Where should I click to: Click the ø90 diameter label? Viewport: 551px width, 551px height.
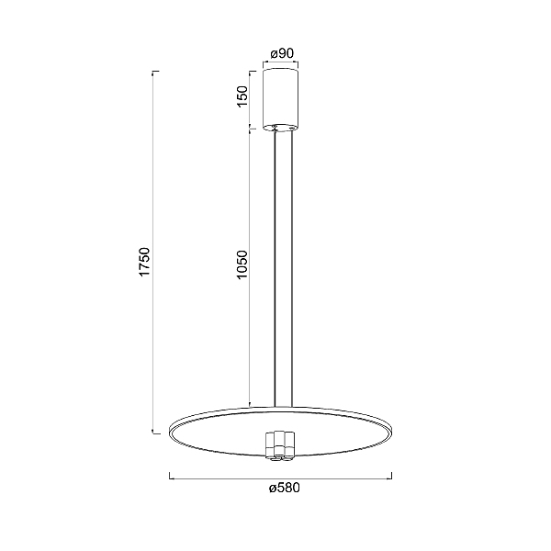[282, 53]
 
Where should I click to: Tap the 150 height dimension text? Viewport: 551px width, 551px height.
[242, 96]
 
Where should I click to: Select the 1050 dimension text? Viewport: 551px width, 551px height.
[242, 264]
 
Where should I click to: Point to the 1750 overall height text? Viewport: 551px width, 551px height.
[144, 262]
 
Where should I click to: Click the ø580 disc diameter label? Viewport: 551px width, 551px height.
[285, 489]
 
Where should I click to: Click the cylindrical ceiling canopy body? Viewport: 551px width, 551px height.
[281, 100]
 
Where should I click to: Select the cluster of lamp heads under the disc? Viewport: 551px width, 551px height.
[280, 445]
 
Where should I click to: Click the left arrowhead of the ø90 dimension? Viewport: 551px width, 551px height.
[264, 63]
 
